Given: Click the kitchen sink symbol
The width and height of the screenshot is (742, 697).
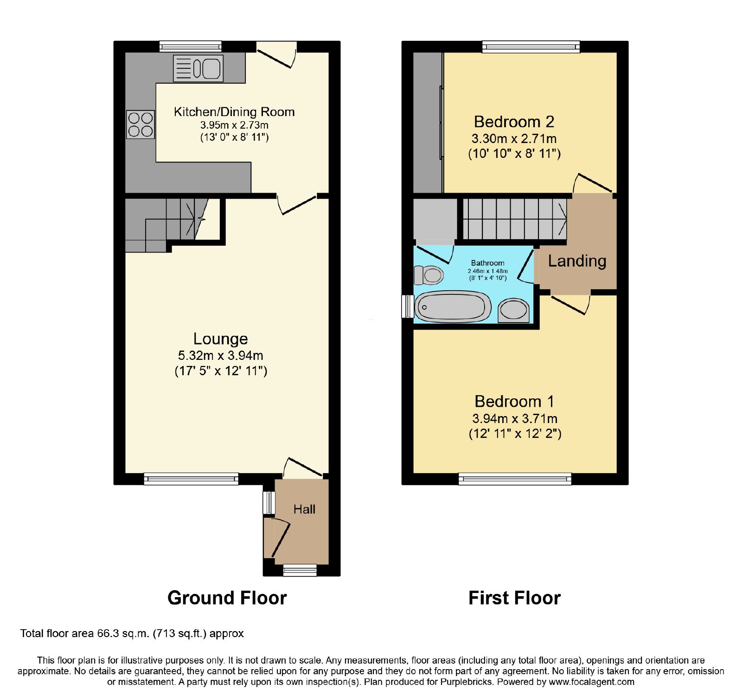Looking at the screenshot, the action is (198, 68).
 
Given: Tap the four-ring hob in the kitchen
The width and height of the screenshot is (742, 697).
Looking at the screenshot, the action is (141, 124).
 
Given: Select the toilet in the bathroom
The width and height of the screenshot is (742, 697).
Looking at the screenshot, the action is (429, 275).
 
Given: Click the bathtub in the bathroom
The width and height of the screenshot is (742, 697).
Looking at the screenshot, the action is (453, 307).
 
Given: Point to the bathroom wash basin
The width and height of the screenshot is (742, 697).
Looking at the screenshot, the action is (514, 310).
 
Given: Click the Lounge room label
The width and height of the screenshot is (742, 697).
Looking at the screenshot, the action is (221, 339).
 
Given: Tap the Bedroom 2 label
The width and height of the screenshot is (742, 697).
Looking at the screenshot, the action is (514, 122).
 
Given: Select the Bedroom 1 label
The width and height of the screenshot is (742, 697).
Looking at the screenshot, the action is (514, 401).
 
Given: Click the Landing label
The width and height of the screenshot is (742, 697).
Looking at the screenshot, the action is (577, 261).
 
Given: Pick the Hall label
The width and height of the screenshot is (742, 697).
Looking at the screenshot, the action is (304, 509).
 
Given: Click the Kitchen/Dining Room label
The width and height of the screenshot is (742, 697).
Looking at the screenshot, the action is (234, 112).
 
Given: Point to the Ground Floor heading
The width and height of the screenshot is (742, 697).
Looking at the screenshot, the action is (227, 598).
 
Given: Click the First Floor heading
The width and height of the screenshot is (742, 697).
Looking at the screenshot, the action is (515, 598).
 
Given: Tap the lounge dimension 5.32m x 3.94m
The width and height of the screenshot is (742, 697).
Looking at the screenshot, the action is (221, 356).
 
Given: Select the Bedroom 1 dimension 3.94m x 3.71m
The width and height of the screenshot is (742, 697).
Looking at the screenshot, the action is (515, 418).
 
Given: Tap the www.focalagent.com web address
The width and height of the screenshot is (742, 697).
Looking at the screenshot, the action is (592, 682).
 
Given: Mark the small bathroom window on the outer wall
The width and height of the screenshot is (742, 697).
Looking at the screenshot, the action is (408, 306).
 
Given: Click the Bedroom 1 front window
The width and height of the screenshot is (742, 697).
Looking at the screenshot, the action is (515, 479).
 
